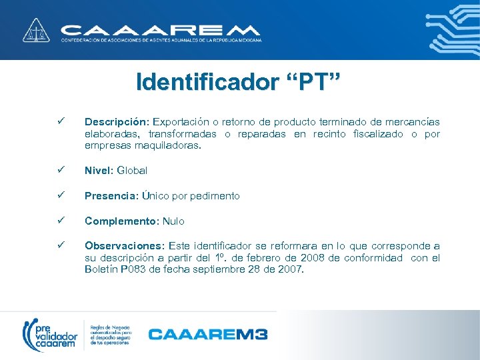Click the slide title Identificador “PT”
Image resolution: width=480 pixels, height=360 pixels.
[x=238, y=83]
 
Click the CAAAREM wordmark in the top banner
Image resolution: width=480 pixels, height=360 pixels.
[x=160, y=30]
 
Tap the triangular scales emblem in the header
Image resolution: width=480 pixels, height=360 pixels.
[x=35, y=30]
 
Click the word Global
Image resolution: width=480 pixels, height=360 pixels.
[x=132, y=170]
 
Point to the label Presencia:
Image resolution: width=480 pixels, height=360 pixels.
[x=111, y=196]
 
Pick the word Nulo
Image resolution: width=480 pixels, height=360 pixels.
[x=173, y=221]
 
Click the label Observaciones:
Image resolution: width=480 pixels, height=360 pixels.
[x=126, y=246]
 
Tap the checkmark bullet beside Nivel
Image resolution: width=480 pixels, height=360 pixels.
[x=60, y=170]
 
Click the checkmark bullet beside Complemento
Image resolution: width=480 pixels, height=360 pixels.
[x=60, y=221]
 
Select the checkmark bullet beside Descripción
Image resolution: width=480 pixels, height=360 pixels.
[x=60, y=121]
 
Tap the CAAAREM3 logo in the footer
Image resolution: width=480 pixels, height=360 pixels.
[x=207, y=333]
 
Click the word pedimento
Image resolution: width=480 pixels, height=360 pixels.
[x=215, y=196]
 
